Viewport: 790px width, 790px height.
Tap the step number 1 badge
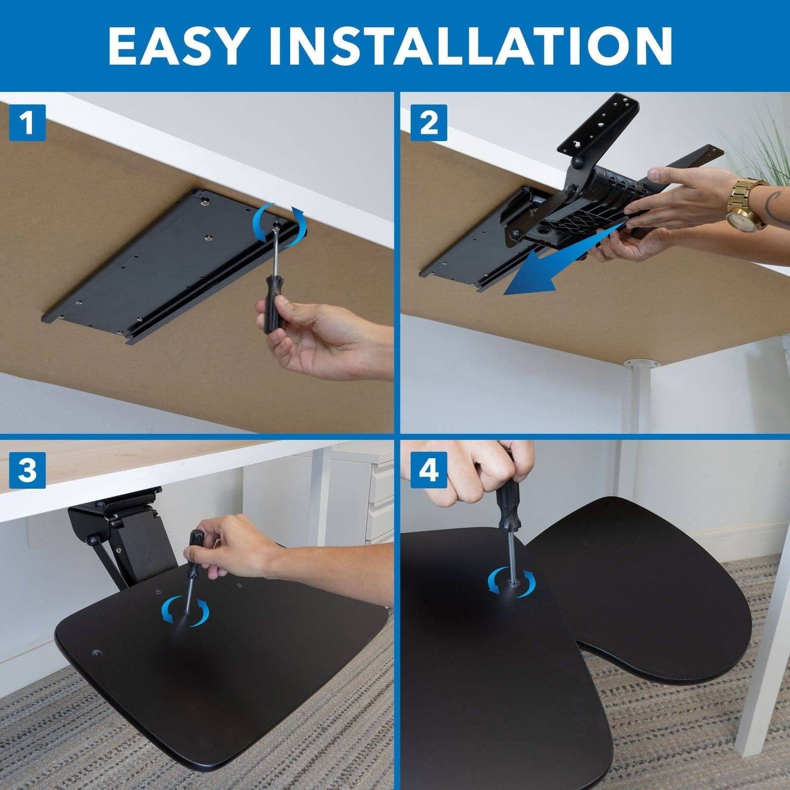(x=27, y=122)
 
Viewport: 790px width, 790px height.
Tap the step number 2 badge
(x=428, y=122)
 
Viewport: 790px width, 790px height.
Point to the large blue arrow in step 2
(x=553, y=267)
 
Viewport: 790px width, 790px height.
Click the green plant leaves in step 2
(x=760, y=143)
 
